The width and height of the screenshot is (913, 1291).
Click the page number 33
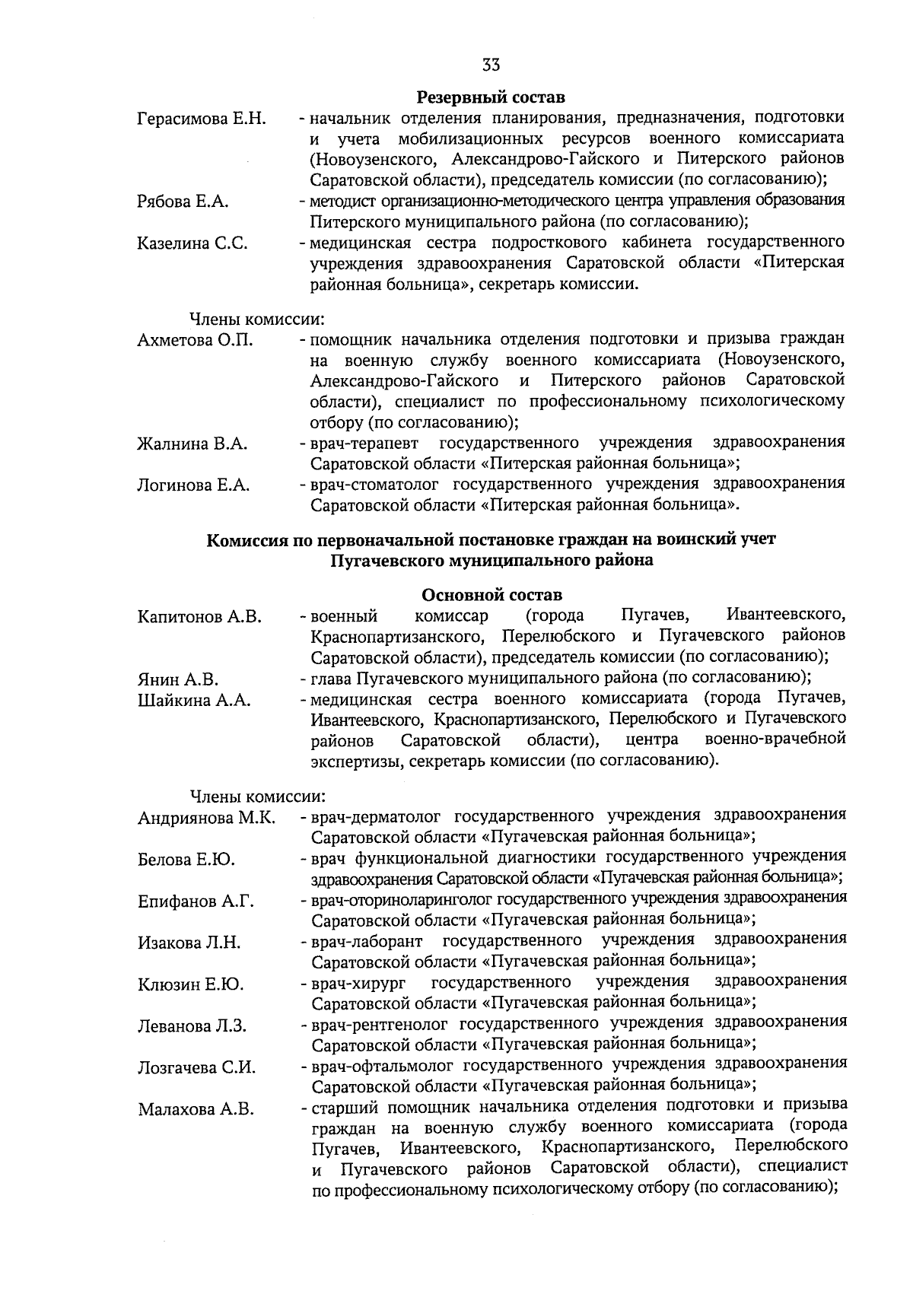(x=491, y=65)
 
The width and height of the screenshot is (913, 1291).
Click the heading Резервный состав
(x=491, y=98)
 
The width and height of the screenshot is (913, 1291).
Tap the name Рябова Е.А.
(x=183, y=202)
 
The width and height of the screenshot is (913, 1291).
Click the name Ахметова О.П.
(x=195, y=340)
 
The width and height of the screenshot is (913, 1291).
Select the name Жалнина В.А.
(x=192, y=444)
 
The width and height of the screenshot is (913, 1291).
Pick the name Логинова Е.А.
(x=193, y=485)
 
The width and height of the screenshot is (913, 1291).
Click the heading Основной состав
(x=491, y=594)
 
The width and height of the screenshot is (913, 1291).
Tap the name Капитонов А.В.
(x=199, y=616)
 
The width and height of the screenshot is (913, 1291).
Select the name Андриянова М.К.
(x=206, y=819)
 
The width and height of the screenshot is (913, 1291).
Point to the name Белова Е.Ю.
(x=186, y=860)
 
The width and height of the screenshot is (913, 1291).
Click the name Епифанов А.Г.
(x=196, y=901)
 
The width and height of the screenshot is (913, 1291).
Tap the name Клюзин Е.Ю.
(x=190, y=985)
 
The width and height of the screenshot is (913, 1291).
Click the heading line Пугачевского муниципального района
(x=491, y=561)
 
